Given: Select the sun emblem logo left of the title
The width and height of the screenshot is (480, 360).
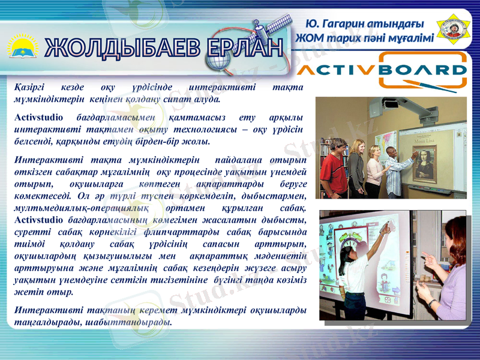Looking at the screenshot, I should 23,47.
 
